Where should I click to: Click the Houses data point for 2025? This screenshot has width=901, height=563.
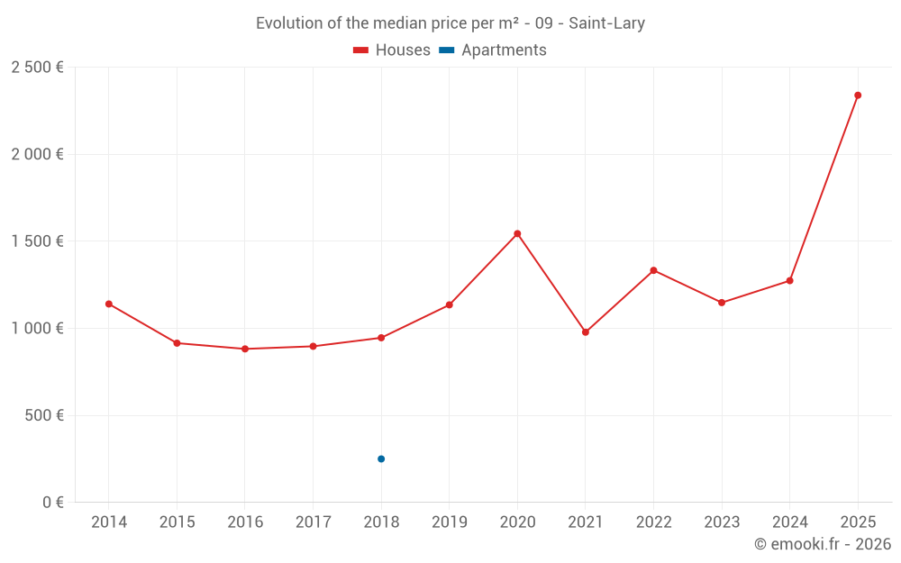click(858, 95)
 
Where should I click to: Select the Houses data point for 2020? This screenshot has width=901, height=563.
click(517, 234)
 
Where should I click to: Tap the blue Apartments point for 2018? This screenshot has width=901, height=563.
click(381, 459)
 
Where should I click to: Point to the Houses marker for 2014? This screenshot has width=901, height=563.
click(109, 304)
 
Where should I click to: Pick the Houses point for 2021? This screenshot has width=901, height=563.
click(586, 332)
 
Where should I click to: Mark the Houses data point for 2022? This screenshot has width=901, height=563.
click(653, 270)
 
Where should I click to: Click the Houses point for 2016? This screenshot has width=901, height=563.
click(245, 349)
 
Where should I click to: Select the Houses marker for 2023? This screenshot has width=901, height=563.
click(722, 303)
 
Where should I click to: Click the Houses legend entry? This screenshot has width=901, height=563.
click(392, 50)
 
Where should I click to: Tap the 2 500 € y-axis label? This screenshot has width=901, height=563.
click(37, 68)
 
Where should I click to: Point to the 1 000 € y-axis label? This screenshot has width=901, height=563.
click(37, 329)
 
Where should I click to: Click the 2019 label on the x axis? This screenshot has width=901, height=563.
click(450, 522)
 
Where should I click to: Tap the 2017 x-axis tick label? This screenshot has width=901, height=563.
click(313, 522)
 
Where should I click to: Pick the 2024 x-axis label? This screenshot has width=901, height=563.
click(790, 522)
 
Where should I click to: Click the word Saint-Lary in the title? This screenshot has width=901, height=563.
click(606, 23)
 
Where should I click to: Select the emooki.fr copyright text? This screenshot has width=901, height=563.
click(823, 544)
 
